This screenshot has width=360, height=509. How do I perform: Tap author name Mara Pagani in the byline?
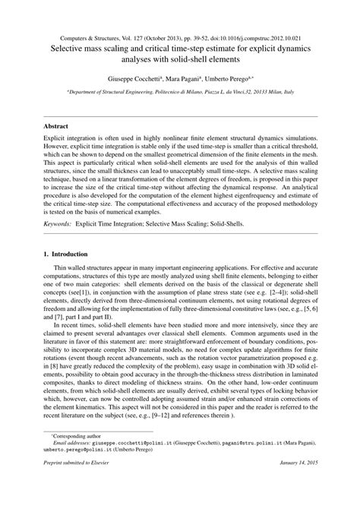pos(189,78)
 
